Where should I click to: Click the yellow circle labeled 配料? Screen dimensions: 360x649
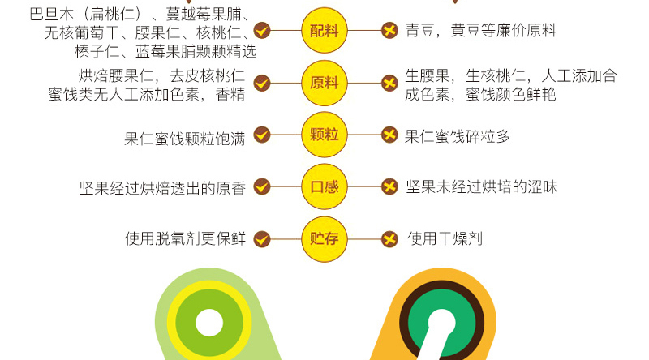tap(324, 32)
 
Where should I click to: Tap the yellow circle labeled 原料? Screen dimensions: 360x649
tap(324, 83)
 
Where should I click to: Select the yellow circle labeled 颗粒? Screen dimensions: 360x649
tap(324, 135)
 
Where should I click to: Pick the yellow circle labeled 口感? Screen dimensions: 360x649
tap(324, 186)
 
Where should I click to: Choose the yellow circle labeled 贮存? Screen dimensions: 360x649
tap(324, 238)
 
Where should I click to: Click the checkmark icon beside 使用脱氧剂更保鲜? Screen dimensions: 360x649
tap(261, 239)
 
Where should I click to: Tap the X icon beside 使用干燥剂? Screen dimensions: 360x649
tap(389, 239)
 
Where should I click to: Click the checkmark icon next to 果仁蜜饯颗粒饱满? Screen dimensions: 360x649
tap(261, 135)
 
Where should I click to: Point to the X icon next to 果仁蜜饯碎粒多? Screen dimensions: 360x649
tap(389, 135)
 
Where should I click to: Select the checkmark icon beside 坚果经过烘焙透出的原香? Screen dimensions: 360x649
tap(261, 187)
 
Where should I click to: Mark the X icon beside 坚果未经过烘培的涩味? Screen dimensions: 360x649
tap(389, 187)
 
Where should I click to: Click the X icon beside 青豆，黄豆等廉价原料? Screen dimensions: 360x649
tap(389, 32)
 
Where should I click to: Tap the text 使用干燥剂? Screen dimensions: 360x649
tap(445, 238)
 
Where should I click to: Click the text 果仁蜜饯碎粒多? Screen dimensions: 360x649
tap(458, 136)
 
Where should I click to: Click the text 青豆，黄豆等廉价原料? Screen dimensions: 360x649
tap(480, 32)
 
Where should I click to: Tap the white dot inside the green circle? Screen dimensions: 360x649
tap(208, 323)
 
